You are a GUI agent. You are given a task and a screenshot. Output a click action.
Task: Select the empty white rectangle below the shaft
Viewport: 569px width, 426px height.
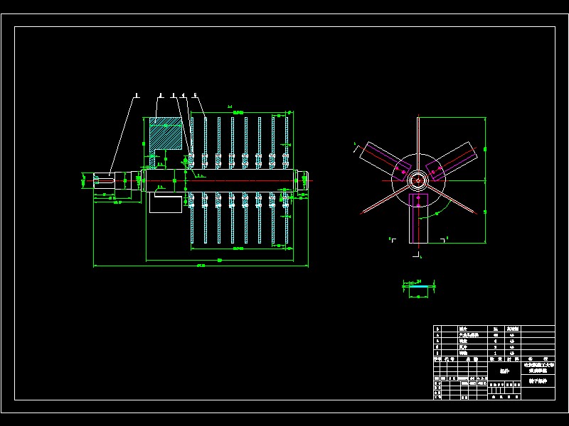[165, 206]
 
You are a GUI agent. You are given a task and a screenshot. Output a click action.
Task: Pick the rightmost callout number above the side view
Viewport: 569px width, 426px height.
[195, 94]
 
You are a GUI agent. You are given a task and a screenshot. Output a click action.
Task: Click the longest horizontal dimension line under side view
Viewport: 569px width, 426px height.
[201, 267]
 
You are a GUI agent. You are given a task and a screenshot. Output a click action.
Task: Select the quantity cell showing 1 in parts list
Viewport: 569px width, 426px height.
[495, 353]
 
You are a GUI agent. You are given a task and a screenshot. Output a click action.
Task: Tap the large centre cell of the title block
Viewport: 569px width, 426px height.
[504, 371]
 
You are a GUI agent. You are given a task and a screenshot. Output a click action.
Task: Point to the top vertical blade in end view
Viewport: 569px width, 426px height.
[418, 135]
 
